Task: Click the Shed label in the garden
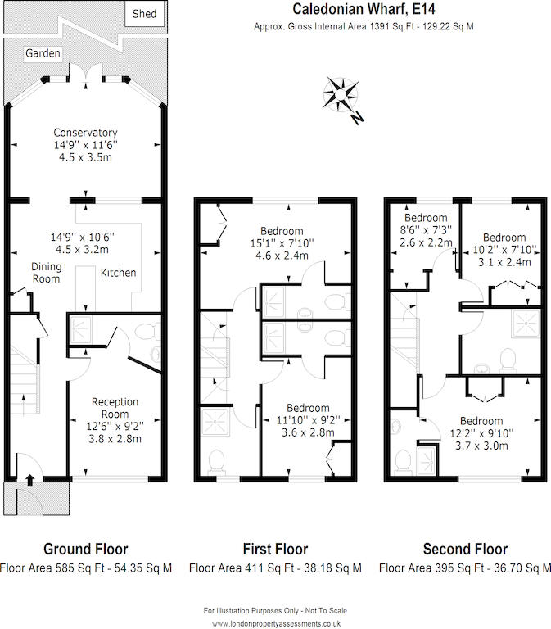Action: pos(144,14)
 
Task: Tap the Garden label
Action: pos(43,53)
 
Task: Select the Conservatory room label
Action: pos(85,133)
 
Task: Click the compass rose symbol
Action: pos(341,95)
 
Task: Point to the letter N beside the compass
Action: pos(356,118)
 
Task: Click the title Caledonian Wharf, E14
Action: pos(364,9)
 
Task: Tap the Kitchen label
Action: pos(118,273)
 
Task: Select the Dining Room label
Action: pos(46,273)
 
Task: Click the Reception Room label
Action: pos(115,408)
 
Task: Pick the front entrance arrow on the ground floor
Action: pos(30,480)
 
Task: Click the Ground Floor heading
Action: pos(86,550)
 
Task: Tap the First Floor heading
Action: pos(275,550)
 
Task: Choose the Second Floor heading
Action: pos(465,550)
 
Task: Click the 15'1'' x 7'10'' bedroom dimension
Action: pos(282,243)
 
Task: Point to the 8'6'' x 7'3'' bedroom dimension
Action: pos(426,230)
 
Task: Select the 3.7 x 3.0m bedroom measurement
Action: pos(481,446)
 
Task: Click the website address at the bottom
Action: pos(276,624)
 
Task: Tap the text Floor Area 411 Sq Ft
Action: pos(237,568)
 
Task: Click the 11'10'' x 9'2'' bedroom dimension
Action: pos(309,420)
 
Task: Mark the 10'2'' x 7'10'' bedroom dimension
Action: pos(505,250)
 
